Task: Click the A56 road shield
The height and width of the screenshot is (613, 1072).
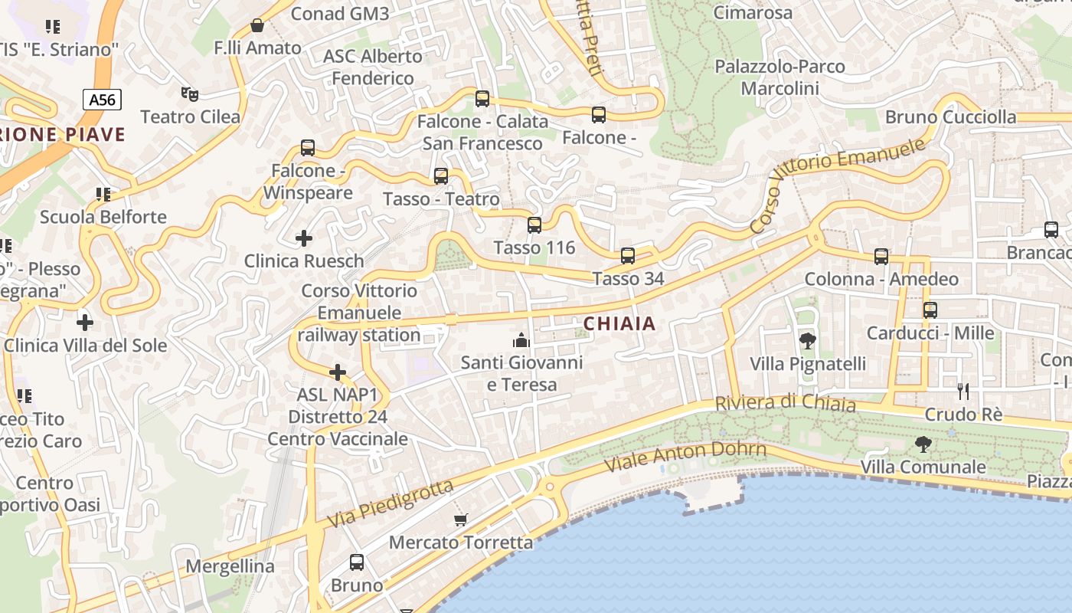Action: tap(103, 100)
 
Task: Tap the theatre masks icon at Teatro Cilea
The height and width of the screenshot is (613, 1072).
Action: tap(190, 94)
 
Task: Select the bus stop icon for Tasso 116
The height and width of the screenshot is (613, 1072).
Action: tap(534, 225)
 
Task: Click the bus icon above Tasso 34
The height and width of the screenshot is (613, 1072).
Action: tap(628, 256)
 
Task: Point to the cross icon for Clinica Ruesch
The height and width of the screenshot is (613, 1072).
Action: tap(304, 238)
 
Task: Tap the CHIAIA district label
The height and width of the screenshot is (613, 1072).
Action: tap(619, 324)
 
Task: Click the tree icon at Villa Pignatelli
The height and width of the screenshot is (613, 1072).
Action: tap(807, 341)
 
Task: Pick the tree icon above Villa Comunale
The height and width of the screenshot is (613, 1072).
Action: tap(923, 444)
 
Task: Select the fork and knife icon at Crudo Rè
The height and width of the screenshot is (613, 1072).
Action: tap(963, 392)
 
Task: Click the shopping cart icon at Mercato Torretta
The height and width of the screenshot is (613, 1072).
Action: tap(460, 520)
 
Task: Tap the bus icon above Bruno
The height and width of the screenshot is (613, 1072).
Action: tap(357, 562)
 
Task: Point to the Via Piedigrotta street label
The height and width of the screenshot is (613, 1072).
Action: tap(391, 503)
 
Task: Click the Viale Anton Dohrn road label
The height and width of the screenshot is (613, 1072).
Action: tap(685, 457)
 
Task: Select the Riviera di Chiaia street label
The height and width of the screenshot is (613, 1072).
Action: tap(785, 403)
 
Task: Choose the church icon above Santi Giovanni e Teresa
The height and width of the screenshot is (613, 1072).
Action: tap(522, 339)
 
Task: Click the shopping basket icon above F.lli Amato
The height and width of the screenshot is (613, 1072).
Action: tap(257, 25)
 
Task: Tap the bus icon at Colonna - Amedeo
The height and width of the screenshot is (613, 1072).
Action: tap(881, 257)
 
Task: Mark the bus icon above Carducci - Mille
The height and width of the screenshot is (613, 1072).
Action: tap(930, 310)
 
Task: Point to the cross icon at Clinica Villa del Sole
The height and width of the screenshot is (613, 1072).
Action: tap(85, 323)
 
